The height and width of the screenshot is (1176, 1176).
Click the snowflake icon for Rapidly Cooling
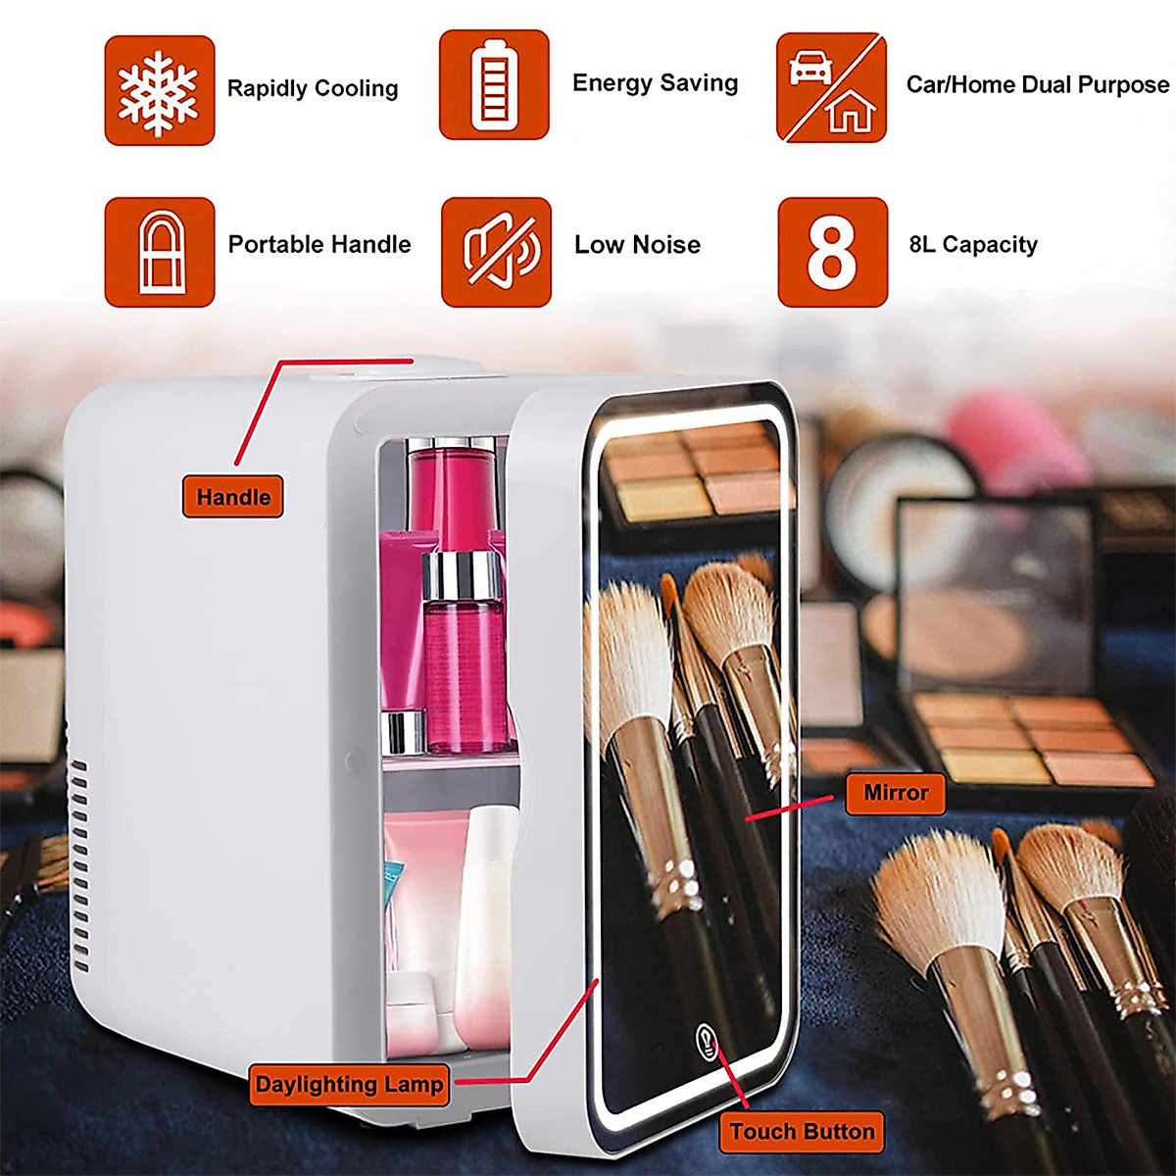pos(159,91)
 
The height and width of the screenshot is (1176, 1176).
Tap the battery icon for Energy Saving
pos(494,85)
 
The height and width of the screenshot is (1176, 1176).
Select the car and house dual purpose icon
pos(831,87)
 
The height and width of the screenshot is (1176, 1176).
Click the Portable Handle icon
pos(159,252)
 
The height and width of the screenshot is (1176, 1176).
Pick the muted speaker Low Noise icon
pos(496,252)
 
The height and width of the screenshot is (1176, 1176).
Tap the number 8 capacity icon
pos(832,252)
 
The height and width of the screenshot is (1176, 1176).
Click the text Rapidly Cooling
pos(313,88)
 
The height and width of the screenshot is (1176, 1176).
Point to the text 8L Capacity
pos(972,245)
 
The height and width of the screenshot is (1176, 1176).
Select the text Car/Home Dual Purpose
pos(1037,85)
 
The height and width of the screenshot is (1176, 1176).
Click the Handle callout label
pos(233,497)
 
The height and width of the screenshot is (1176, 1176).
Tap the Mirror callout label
pos(895,792)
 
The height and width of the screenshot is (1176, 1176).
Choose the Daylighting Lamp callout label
pos(349,1085)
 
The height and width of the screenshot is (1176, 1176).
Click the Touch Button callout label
pos(802,1132)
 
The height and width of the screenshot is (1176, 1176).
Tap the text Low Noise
pos(637,245)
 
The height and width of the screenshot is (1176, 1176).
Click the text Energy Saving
pos(655,83)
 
